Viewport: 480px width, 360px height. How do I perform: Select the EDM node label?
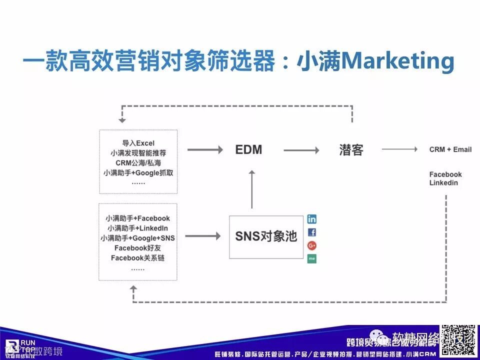[249, 149]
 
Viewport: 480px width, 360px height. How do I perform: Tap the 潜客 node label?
[351, 149]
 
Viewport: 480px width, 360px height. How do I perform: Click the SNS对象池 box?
[266, 237]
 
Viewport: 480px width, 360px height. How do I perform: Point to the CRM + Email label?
[450, 149]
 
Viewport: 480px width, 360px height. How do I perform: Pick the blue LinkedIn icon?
[312, 219]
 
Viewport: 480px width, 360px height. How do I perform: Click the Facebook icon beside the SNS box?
[312, 232]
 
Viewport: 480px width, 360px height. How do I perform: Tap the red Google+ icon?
[312, 245]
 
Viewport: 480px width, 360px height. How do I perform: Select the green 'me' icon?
[312, 258]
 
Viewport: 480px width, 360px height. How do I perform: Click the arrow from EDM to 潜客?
[301, 149]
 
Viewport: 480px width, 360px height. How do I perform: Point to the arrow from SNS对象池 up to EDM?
[252, 189]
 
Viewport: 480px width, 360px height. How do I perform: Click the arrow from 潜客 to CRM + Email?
[399, 149]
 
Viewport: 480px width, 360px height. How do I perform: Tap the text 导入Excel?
[138, 142]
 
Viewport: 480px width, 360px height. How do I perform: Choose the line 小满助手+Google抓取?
[138, 173]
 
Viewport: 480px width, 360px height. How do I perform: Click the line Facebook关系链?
[137, 258]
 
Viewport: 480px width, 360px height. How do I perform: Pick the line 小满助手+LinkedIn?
[137, 228]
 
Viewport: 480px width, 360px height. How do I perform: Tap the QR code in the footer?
[457, 341]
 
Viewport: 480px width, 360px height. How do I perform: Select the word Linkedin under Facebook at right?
[443, 183]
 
